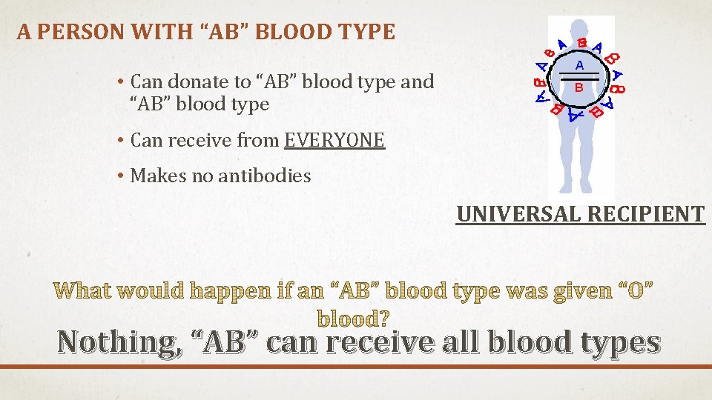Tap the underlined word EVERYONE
[334, 139]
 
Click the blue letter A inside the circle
[580, 65]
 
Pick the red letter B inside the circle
[580, 87]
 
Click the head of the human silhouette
[581, 74]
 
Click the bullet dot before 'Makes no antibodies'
[119, 176]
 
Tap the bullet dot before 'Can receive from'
[119, 140]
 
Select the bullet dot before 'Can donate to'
[119, 82]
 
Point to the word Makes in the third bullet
[153, 176]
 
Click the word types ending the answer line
[615, 342]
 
